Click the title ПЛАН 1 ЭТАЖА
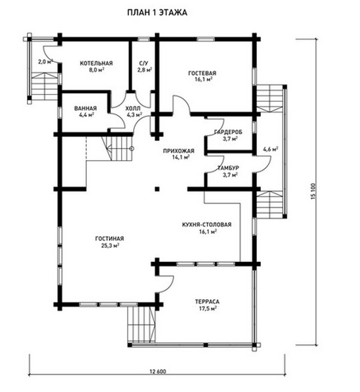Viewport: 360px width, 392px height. click(x=157, y=13)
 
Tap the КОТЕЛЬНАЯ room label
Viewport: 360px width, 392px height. click(x=96, y=63)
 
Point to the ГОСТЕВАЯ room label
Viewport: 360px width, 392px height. click(x=202, y=73)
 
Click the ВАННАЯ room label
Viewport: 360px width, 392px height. click(x=85, y=108)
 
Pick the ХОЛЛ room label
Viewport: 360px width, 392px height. click(x=133, y=108)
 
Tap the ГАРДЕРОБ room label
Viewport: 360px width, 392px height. click(x=229, y=132)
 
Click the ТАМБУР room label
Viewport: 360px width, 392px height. click(x=228, y=168)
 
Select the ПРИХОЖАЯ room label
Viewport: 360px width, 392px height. click(x=179, y=151)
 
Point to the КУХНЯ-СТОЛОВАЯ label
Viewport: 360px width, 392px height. click(x=207, y=224)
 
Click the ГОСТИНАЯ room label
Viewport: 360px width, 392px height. click(x=110, y=239)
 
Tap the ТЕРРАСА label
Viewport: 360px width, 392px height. click(x=207, y=302)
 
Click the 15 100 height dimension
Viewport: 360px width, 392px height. click(x=314, y=192)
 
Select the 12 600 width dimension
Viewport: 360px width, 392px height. click(x=158, y=371)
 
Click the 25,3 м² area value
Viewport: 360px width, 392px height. click(x=110, y=245)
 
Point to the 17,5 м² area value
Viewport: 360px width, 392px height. click(x=207, y=308)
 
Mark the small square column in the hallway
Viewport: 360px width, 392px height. click(x=157, y=189)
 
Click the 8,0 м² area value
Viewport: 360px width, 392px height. click(x=97, y=70)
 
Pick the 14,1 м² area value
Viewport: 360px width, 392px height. click(x=180, y=157)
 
